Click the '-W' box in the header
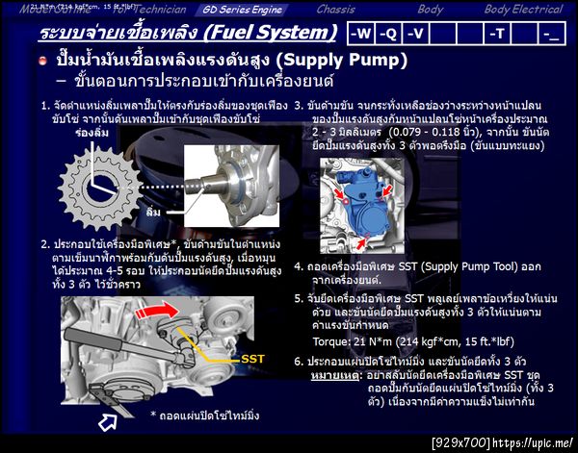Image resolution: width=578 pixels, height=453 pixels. coord(360,34)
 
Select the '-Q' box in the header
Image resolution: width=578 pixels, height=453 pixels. coord(388,34)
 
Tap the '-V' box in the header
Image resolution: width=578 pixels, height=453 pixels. coord(415,34)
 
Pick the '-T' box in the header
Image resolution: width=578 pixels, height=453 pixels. coord(497,34)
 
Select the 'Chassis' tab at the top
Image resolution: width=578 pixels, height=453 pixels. coord(335,9)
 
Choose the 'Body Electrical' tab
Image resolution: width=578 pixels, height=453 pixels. coord(523,9)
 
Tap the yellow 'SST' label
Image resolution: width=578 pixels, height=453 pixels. coord(252,358)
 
